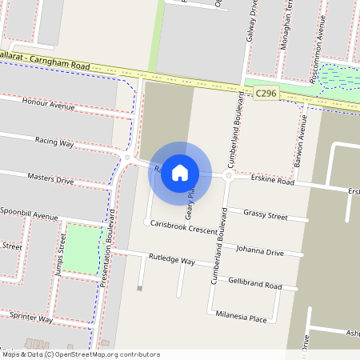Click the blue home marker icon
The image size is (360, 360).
[x=180, y=172]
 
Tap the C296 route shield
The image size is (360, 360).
[x=266, y=94]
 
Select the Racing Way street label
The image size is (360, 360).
[x=54, y=142]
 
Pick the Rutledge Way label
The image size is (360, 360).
[x=172, y=260]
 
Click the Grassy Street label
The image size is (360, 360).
[x=265, y=214]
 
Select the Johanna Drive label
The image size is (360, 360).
[x=259, y=251]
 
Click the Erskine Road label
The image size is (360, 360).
[x=271, y=182]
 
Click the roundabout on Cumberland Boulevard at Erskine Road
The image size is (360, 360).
[x=229, y=174]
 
